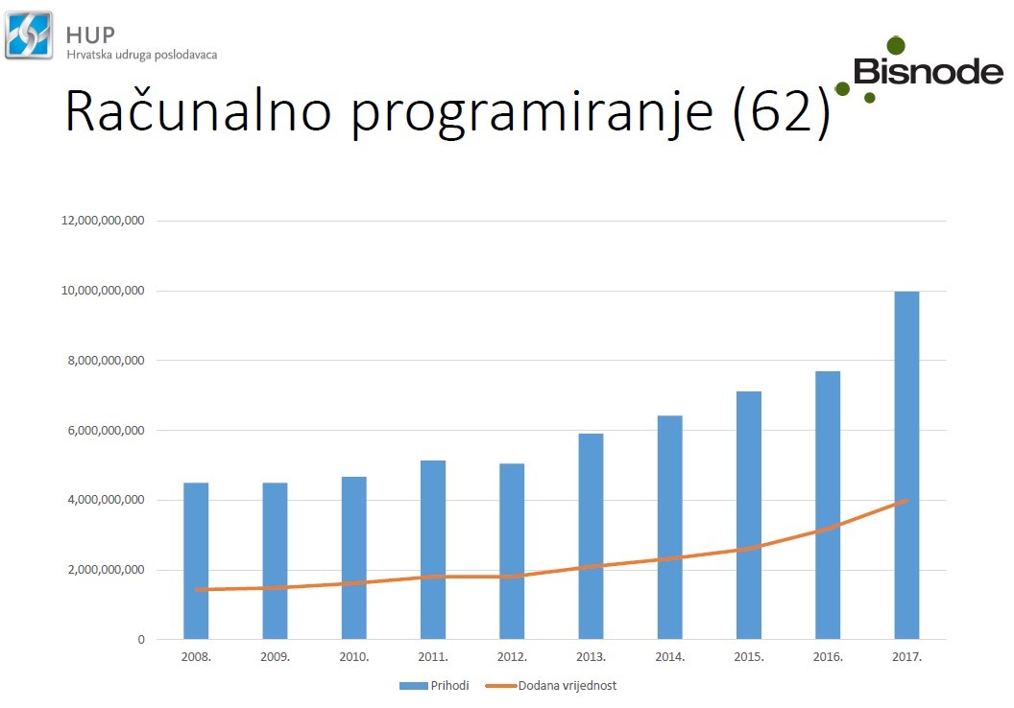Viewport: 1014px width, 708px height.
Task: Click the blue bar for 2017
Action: [x=906, y=465]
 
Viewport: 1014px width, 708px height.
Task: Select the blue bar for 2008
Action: [x=196, y=560]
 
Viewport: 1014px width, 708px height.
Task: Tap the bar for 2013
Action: [x=591, y=536]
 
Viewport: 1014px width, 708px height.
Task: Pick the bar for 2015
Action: [x=748, y=515]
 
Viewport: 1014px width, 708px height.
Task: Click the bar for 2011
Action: [x=433, y=550]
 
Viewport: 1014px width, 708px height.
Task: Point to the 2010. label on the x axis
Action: [x=353, y=657]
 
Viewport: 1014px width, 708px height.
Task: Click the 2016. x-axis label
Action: [x=828, y=657]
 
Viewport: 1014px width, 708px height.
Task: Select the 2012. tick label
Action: [x=512, y=657]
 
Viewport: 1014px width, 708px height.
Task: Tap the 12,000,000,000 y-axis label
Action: [x=103, y=221]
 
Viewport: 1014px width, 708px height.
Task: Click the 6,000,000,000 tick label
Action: [x=106, y=430]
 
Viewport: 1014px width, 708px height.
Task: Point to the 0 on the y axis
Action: [x=141, y=640]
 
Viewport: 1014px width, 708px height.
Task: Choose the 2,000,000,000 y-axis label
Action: [x=106, y=570]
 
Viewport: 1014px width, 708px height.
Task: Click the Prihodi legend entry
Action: [x=434, y=685]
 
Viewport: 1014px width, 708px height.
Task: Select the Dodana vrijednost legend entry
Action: [x=551, y=685]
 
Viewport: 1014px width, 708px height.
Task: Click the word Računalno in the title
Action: [x=198, y=111]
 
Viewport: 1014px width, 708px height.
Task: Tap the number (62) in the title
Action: [x=782, y=111]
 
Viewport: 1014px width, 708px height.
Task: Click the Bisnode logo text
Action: [x=928, y=71]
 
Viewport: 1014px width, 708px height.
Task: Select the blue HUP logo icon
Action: [x=29, y=35]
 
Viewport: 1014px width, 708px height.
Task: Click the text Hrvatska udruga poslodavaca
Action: [x=141, y=55]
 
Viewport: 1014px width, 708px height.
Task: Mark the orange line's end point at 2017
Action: [x=906, y=500]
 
